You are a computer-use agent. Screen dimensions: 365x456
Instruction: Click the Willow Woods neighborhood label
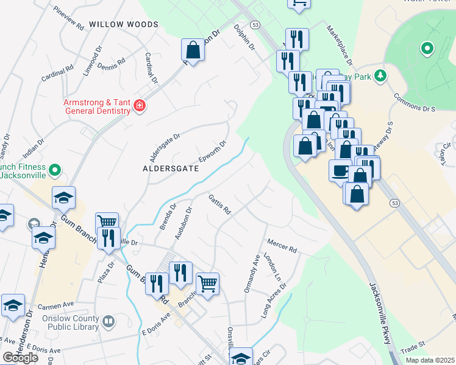tap(123, 24)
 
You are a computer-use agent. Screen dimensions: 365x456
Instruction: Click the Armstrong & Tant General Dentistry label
tap(97, 106)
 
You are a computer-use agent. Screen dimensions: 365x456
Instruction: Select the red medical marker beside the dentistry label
tap(140, 106)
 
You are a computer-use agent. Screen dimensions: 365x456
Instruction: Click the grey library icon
tap(108, 321)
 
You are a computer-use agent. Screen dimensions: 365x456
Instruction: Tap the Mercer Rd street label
tap(281, 246)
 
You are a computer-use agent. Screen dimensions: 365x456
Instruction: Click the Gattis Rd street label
tap(219, 205)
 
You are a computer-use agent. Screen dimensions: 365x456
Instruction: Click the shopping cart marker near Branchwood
tap(207, 283)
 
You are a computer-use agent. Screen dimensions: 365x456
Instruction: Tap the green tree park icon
tap(380, 75)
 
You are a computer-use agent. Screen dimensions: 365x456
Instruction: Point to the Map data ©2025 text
tap(430, 360)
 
